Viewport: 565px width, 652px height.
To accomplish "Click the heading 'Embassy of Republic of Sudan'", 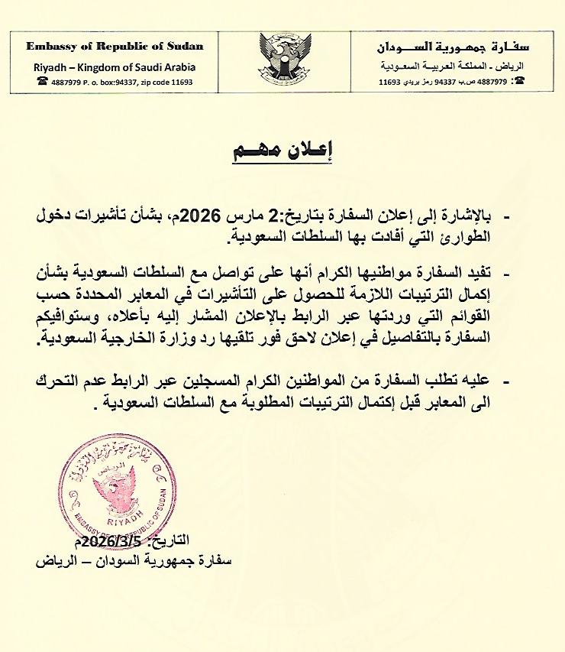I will pyautogui.click(x=115, y=46).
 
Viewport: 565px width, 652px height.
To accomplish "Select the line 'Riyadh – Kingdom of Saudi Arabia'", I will pyautogui.click(x=115, y=66).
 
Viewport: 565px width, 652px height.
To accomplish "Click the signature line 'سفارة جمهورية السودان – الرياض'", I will pyautogui.click(x=133, y=560).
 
